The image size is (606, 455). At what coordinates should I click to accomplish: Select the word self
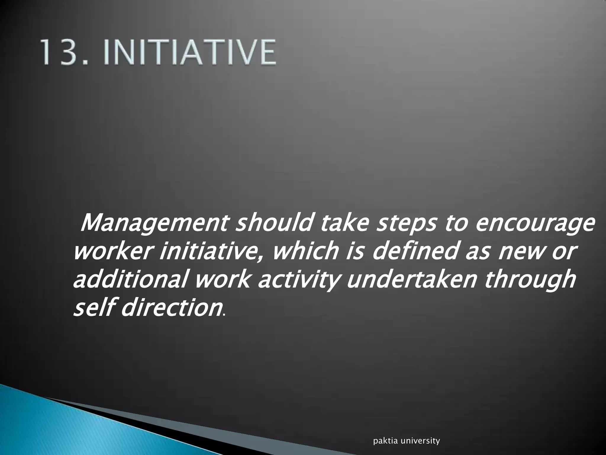93,308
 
